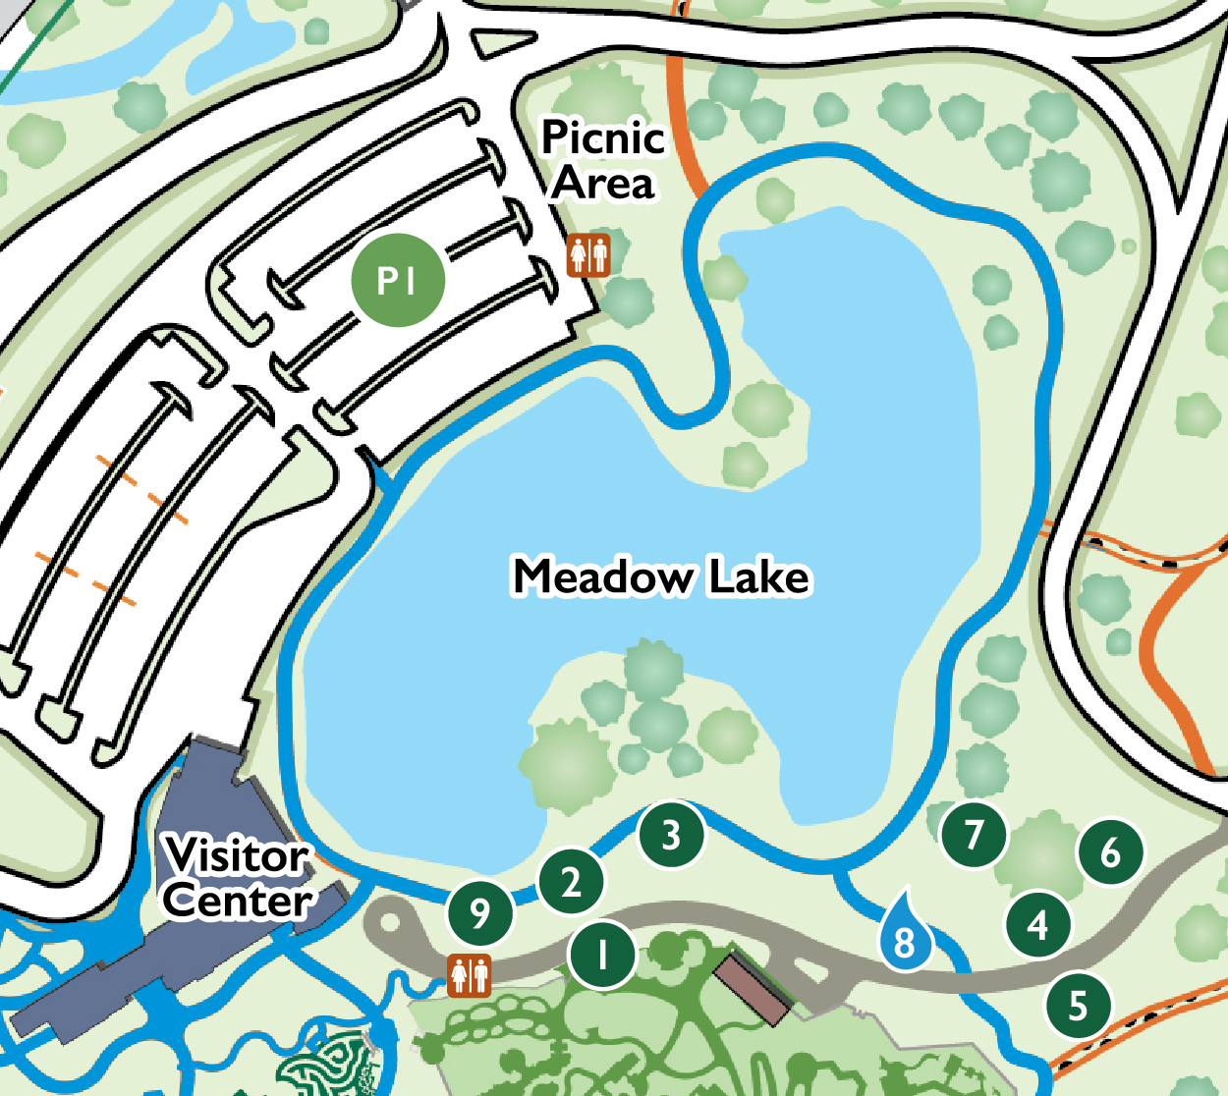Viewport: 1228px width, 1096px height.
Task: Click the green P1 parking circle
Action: tap(398, 281)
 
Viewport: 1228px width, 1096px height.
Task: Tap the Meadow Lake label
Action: tap(661, 576)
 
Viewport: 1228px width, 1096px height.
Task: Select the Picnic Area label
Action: tap(603, 160)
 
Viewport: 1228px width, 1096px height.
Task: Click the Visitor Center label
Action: tap(238, 878)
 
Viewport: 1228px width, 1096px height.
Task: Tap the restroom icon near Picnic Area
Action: tap(588, 255)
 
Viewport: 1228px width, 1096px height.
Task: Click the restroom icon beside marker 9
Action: tap(470, 975)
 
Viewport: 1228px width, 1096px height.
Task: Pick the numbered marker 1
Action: tap(602, 954)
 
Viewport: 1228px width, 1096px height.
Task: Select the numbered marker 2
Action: tap(572, 881)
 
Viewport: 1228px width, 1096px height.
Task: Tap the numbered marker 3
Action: tap(672, 836)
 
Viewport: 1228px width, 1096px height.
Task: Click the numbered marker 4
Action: tap(1038, 925)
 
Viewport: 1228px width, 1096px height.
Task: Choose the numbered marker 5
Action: tap(1079, 1006)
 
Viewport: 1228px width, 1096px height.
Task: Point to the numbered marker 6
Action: tap(1111, 852)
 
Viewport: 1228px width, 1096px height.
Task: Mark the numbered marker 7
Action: tap(974, 834)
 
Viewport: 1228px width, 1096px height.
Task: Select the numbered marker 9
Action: tap(479, 913)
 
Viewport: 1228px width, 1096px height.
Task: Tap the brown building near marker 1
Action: tap(753, 986)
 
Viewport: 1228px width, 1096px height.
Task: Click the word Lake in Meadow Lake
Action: tap(759, 576)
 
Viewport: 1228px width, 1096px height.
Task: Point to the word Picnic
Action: tap(603, 137)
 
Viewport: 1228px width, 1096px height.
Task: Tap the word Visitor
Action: tap(238, 855)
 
